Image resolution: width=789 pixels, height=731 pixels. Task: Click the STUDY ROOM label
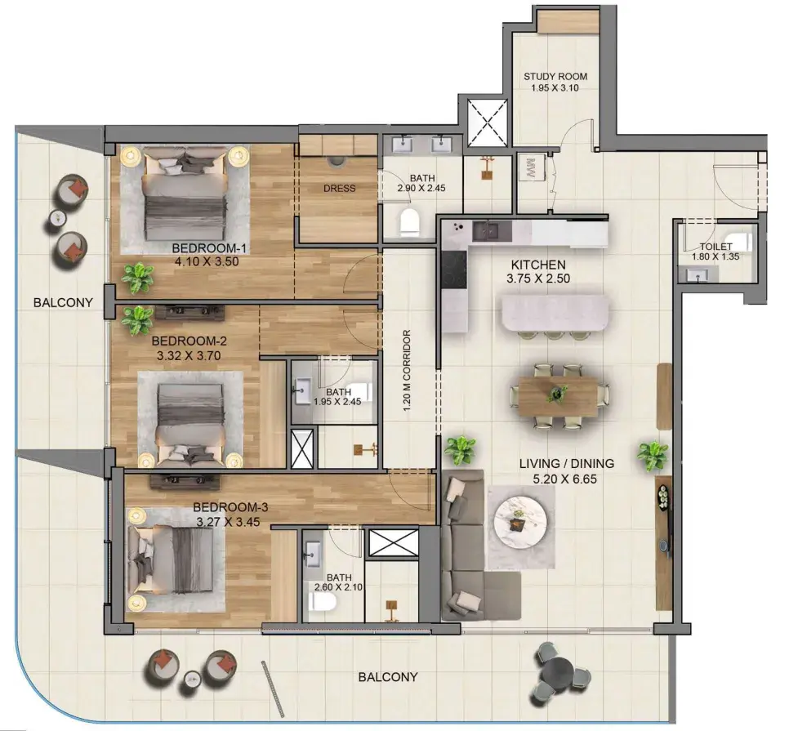point(555,77)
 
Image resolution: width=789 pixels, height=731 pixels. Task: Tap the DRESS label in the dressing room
point(339,188)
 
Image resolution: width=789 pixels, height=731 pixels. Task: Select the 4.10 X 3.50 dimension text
point(207,261)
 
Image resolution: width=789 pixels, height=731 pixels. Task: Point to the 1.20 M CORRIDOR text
point(407,370)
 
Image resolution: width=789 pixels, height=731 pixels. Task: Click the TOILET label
point(715,247)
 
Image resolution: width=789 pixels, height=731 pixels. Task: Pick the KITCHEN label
point(538,265)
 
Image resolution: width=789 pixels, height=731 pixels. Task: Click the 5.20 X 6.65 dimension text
point(564,479)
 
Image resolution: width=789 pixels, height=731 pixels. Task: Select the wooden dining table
point(558,396)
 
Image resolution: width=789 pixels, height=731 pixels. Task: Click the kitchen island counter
point(555,313)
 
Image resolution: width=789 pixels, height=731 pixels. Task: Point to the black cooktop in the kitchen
point(454,270)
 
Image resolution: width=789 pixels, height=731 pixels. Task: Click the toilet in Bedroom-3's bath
point(322,600)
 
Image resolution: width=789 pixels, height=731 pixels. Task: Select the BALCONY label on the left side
point(63,302)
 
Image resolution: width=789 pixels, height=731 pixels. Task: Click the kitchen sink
point(485,231)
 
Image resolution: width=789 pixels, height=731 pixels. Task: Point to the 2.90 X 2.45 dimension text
point(421,189)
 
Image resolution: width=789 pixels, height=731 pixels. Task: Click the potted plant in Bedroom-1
point(137,278)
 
